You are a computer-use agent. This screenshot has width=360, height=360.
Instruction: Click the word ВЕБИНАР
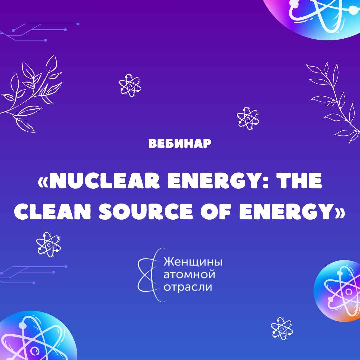click(x=180, y=143)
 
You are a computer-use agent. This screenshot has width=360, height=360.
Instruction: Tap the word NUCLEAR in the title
click(x=104, y=181)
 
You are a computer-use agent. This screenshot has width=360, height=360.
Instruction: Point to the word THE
click(x=299, y=181)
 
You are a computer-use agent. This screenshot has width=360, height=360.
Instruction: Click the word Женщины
click(x=193, y=262)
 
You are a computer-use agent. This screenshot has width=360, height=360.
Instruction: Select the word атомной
click(x=189, y=274)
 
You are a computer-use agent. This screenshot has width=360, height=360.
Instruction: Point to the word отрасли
click(x=188, y=287)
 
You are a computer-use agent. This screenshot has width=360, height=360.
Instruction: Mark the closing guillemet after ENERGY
click(x=340, y=211)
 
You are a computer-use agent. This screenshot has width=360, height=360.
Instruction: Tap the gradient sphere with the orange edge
click(x=337, y=291)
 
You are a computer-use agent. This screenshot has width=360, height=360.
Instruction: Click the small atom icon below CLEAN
click(x=49, y=244)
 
